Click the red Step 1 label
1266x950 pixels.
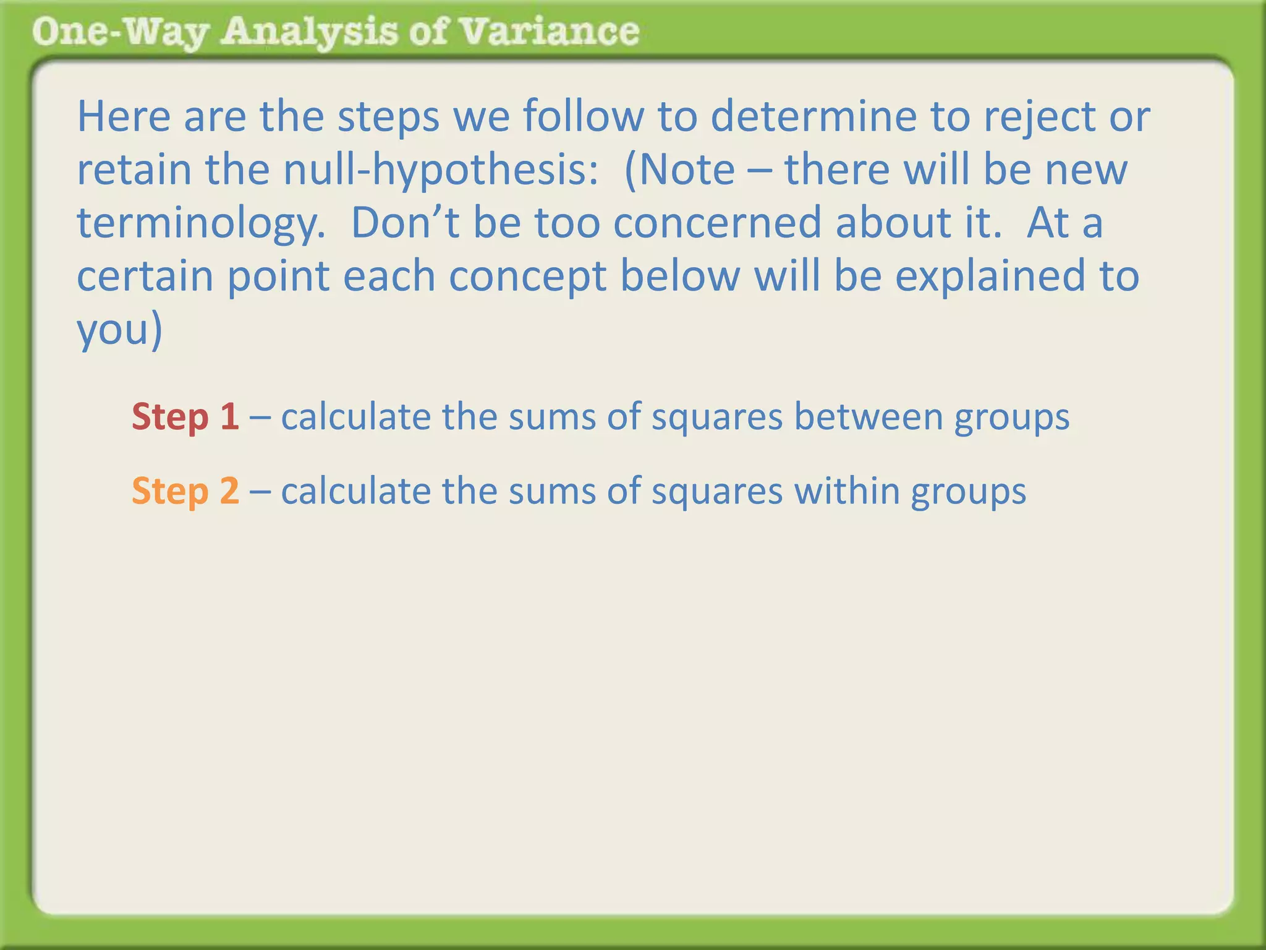click(185, 416)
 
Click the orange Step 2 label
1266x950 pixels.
click(185, 490)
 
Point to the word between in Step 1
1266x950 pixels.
click(869, 416)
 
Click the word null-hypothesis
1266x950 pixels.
click(441, 169)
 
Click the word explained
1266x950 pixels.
click(990, 276)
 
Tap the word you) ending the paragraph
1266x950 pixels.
click(119, 330)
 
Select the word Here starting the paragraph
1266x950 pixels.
click(124, 116)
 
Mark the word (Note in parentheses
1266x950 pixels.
click(680, 169)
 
